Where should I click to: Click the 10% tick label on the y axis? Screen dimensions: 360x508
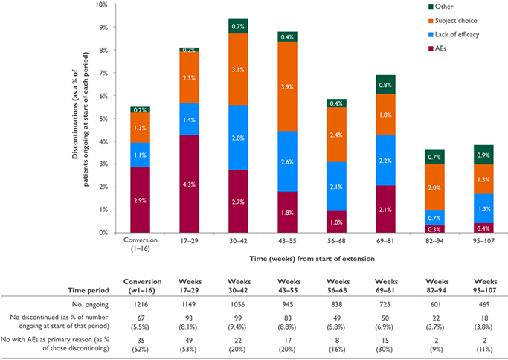101,4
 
